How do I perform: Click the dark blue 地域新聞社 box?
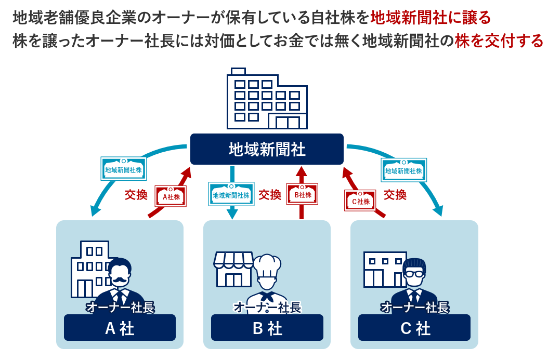[267, 150]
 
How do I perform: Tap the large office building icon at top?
[266, 99]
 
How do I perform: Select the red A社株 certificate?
[171, 197]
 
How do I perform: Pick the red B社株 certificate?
[302, 195]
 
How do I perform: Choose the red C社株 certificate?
[360, 201]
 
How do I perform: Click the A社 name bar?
[120, 328]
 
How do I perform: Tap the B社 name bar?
[267, 328]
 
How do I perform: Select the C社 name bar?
[414, 328]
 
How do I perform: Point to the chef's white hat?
[266, 265]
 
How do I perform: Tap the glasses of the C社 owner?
[414, 274]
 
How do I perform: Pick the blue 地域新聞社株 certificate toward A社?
[123, 169]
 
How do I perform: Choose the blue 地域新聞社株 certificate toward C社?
[404, 170]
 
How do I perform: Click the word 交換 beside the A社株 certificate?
[136, 195]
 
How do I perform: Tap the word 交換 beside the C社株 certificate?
[395, 195]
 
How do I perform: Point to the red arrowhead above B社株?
[302, 173]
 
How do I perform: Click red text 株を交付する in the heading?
[499, 41]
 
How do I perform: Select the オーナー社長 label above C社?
[414, 308]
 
